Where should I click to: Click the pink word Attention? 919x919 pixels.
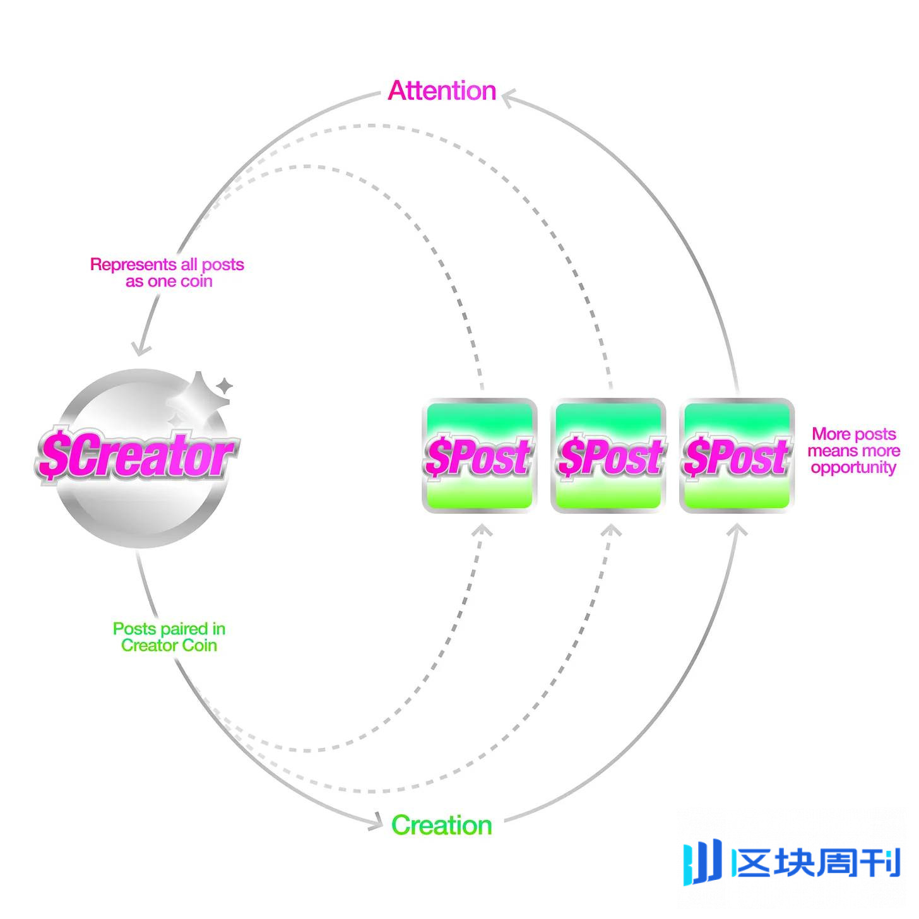(x=442, y=91)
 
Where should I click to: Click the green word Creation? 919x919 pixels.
(x=441, y=825)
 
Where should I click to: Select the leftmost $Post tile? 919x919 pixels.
(x=479, y=456)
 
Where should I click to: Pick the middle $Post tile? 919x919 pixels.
(x=608, y=456)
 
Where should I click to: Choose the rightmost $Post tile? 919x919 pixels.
(x=737, y=456)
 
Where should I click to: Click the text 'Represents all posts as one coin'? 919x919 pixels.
(x=167, y=273)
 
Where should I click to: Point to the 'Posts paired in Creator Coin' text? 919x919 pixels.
(x=169, y=637)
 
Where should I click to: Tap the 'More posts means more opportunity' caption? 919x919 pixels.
(x=853, y=451)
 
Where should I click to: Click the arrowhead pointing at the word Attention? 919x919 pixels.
(x=507, y=97)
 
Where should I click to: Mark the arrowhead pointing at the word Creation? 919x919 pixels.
(x=376, y=822)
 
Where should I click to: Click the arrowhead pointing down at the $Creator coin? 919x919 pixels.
(x=140, y=349)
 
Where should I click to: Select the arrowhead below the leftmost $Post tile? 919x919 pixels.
(x=482, y=530)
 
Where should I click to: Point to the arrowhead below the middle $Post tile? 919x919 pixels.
(x=610, y=530)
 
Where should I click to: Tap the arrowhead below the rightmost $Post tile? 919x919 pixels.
(x=737, y=530)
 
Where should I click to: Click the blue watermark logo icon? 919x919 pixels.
(x=702, y=861)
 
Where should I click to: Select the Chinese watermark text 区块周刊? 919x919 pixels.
(x=816, y=863)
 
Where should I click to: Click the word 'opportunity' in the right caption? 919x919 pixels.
(x=853, y=468)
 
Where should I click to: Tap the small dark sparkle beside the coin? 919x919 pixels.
(x=225, y=386)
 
